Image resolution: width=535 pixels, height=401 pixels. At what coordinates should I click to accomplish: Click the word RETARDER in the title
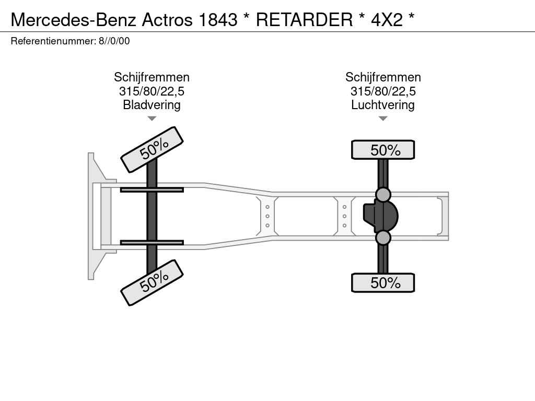(x=304, y=19)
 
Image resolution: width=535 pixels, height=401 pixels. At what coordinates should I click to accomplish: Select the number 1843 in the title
(x=218, y=19)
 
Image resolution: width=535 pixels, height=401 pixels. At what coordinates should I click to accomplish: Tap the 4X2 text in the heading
(x=387, y=19)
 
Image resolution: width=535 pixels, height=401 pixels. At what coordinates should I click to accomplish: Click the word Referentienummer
(x=53, y=41)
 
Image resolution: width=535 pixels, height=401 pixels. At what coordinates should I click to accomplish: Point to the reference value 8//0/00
(x=114, y=41)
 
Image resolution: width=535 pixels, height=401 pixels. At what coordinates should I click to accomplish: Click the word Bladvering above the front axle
(x=152, y=104)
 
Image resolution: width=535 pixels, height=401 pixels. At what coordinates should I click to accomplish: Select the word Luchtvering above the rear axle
(x=383, y=104)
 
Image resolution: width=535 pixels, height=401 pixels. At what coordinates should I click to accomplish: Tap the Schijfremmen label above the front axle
(x=152, y=77)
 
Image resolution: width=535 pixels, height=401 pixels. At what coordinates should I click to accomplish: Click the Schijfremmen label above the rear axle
(x=383, y=77)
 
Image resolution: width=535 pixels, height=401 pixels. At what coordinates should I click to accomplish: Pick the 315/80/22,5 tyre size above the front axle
(x=152, y=91)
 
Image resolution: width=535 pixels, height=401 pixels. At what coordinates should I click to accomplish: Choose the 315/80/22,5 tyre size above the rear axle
(x=383, y=91)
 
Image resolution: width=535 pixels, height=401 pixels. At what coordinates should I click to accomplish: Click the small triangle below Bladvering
(x=152, y=119)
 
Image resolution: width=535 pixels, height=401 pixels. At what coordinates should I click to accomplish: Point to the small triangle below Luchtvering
(x=383, y=119)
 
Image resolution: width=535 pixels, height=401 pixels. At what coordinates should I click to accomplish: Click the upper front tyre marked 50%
(x=152, y=149)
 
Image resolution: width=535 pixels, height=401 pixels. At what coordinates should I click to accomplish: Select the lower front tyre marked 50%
(x=152, y=282)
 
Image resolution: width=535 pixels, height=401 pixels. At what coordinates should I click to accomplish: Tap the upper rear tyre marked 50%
(x=383, y=150)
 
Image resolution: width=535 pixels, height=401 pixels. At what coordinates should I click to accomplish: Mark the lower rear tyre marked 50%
(x=383, y=282)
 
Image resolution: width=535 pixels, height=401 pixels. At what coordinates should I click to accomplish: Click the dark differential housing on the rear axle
(x=381, y=216)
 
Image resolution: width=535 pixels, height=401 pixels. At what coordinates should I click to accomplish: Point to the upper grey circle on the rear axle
(x=383, y=195)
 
